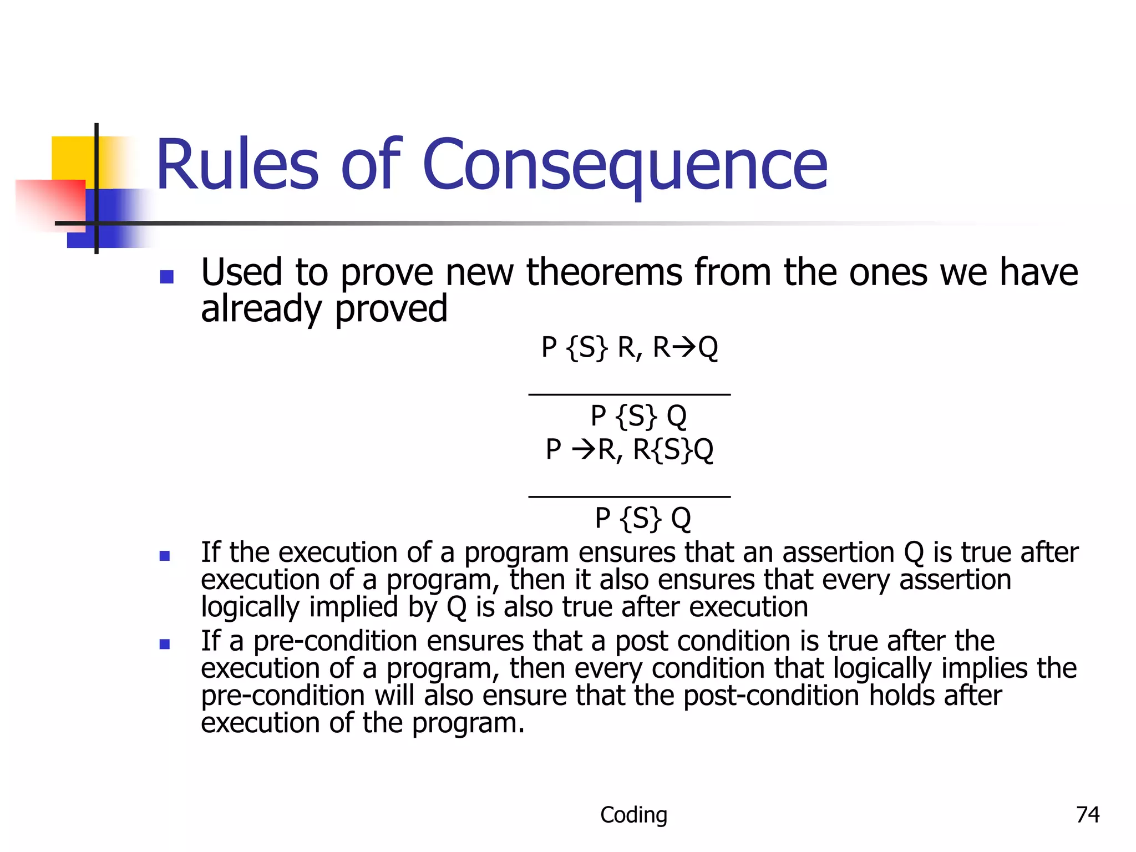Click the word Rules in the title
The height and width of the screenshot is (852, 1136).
click(237, 165)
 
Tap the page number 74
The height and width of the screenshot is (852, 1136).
click(1087, 814)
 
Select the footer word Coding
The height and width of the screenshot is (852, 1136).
click(633, 814)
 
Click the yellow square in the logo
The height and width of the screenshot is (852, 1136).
click(72, 158)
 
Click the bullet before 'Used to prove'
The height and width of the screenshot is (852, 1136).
click(166, 276)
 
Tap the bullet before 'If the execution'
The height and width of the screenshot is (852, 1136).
click(165, 555)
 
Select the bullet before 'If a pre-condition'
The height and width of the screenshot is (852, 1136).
click(165, 644)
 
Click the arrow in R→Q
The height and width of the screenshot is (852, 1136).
click(684, 348)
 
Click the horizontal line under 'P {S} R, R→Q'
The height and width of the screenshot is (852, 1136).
click(629, 394)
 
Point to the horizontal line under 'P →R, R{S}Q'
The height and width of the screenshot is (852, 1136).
click(629, 496)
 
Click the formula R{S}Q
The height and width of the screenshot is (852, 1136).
click(673, 449)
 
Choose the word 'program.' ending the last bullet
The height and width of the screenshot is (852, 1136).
click(468, 723)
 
